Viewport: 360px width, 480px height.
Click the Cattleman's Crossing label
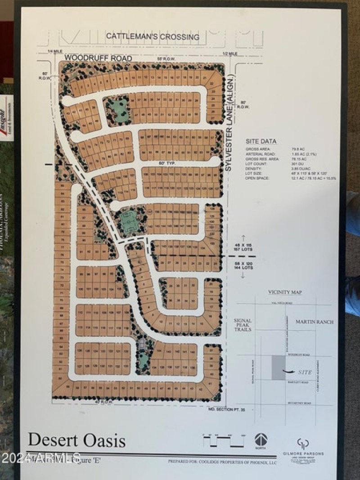153,37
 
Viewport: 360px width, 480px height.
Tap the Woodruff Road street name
98,58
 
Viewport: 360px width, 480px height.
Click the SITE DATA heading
261,141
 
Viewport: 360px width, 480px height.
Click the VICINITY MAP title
285,292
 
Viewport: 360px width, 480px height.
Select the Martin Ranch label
315,322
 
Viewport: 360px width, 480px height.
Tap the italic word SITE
305,372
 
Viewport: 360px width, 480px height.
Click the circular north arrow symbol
261,440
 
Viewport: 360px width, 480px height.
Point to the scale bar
224,441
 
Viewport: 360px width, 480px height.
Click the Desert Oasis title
77,440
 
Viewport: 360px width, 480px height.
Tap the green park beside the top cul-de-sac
117,109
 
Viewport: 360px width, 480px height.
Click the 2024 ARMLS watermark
40,458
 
